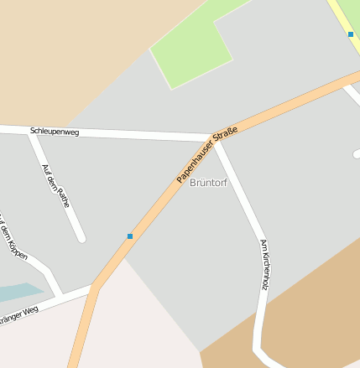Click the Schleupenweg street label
click(x=54, y=132)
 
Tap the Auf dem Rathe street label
click(x=55, y=185)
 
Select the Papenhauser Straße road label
click(x=207, y=155)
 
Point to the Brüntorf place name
click(x=208, y=182)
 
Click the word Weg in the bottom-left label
click(x=31, y=310)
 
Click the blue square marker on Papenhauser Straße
click(x=130, y=236)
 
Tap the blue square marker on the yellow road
click(x=351, y=34)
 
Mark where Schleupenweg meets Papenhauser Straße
click(x=211, y=138)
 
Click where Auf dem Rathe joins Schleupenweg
click(x=32, y=132)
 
